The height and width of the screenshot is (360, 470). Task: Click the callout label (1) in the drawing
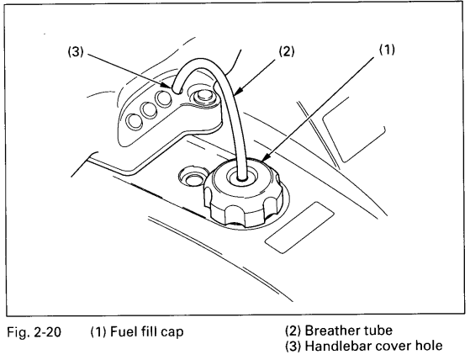tap(387, 50)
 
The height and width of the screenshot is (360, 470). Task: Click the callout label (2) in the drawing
tap(287, 51)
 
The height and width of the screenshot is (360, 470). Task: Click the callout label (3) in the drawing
tap(75, 52)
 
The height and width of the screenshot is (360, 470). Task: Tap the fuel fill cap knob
tap(243, 193)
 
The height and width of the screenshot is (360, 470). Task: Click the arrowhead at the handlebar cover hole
tap(168, 86)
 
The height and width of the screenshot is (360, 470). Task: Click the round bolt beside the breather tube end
tap(202, 97)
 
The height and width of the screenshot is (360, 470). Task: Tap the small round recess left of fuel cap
tap(193, 177)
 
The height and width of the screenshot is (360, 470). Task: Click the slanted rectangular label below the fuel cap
tap(300, 227)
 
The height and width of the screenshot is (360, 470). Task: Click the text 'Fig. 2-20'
tap(34, 332)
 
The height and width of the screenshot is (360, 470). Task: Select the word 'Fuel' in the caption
tap(122, 331)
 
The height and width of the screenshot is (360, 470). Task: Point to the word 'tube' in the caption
tap(378, 331)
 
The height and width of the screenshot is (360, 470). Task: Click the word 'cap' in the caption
tap(172, 333)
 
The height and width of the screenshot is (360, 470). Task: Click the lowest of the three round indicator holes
tap(134, 122)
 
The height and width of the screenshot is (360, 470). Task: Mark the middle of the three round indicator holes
tap(149, 109)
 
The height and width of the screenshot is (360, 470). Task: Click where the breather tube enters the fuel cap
tap(242, 177)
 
